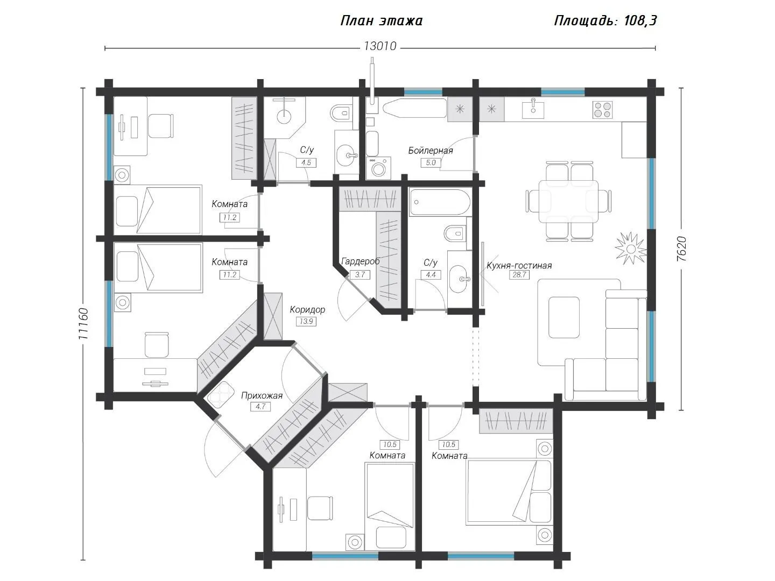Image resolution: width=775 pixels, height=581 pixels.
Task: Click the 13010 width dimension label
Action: [x=380, y=46]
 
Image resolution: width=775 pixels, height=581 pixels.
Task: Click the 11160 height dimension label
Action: [x=83, y=324]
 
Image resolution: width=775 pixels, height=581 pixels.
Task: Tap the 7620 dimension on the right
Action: [x=682, y=249]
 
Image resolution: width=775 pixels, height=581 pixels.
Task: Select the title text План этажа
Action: [x=382, y=21]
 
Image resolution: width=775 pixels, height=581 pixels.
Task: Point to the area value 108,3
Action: [x=640, y=21]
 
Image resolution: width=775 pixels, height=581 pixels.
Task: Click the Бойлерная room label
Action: [x=431, y=151]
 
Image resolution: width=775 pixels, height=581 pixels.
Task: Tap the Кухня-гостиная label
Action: [x=519, y=265]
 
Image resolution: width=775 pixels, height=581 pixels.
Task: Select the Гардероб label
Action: [x=361, y=261]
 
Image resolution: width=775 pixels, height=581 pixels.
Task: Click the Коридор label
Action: [x=307, y=310]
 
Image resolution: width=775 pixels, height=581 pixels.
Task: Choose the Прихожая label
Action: [x=262, y=395]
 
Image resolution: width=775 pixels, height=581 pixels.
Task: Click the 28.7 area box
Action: [x=519, y=275]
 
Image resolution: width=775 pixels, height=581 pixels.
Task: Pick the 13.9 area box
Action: [x=306, y=321]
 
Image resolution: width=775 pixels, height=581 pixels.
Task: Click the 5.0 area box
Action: [x=431, y=162]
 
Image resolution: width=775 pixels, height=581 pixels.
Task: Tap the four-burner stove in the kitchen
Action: [x=602, y=109]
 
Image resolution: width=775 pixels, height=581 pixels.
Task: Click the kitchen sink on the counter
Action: [x=533, y=108]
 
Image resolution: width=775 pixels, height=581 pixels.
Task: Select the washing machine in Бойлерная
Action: [x=378, y=168]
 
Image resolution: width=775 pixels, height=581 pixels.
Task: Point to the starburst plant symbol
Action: [x=631, y=249]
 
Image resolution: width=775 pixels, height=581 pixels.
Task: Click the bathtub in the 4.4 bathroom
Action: [x=440, y=202]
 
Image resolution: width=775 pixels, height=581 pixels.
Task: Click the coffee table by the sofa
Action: [x=564, y=317]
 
